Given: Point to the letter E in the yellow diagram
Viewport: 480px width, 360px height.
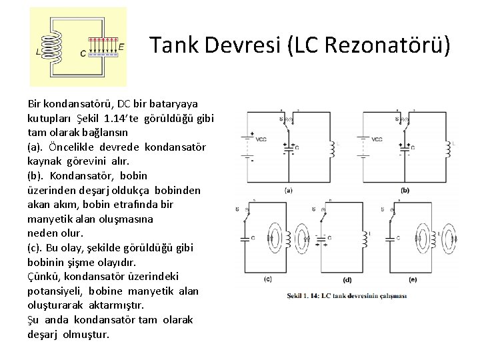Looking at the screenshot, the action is click(x=121, y=47).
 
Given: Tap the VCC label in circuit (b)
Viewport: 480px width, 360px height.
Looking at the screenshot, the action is click(x=377, y=139).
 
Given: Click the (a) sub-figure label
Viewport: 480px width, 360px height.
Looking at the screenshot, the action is click(x=288, y=190).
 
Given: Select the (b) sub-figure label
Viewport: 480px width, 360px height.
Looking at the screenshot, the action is click(x=405, y=190).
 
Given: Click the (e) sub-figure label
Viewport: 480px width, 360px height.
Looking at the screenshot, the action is click(x=413, y=279).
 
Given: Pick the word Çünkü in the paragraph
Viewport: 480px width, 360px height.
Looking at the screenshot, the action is click(x=42, y=276).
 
